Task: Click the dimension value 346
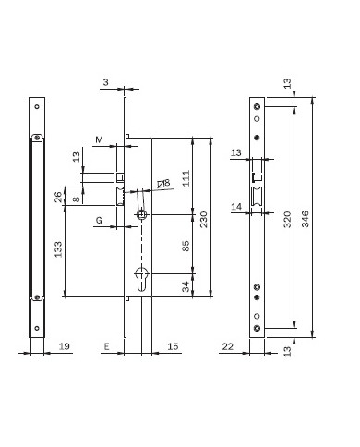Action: [306, 219]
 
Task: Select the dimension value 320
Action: [287, 219]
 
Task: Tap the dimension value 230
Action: [204, 219]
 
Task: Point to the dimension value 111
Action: [186, 178]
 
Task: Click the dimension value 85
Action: [186, 246]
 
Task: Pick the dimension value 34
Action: [186, 286]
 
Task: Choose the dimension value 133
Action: [58, 249]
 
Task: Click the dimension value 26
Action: [58, 197]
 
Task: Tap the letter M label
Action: [99, 140]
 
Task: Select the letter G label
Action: [99, 221]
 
